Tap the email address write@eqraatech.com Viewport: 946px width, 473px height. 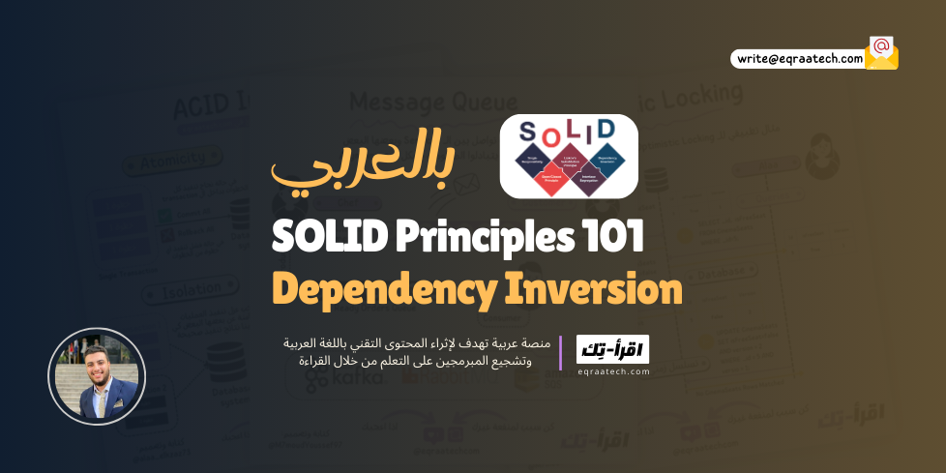tap(799, 59)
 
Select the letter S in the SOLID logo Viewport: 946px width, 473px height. tap(528, 133)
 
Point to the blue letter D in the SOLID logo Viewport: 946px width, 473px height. tap(605, 128)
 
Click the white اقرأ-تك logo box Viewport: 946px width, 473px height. tap(612, 349)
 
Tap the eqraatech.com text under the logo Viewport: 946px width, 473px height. tap(612, 370)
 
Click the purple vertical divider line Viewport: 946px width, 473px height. tap(560, 353)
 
